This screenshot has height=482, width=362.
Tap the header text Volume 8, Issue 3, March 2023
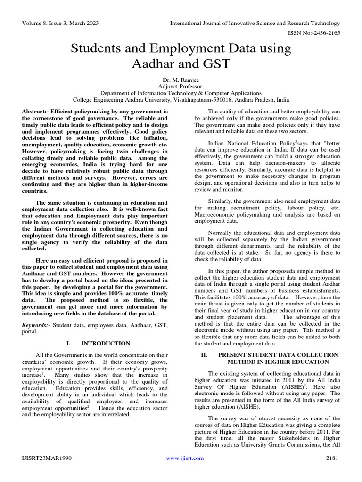(x=58, y=23)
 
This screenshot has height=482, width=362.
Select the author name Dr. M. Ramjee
(x=181, y=80)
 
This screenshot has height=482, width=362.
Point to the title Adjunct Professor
(x=181, y=87)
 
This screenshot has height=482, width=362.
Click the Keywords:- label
(x=36, y=325)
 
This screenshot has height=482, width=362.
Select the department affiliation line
(x=181, y=93)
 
